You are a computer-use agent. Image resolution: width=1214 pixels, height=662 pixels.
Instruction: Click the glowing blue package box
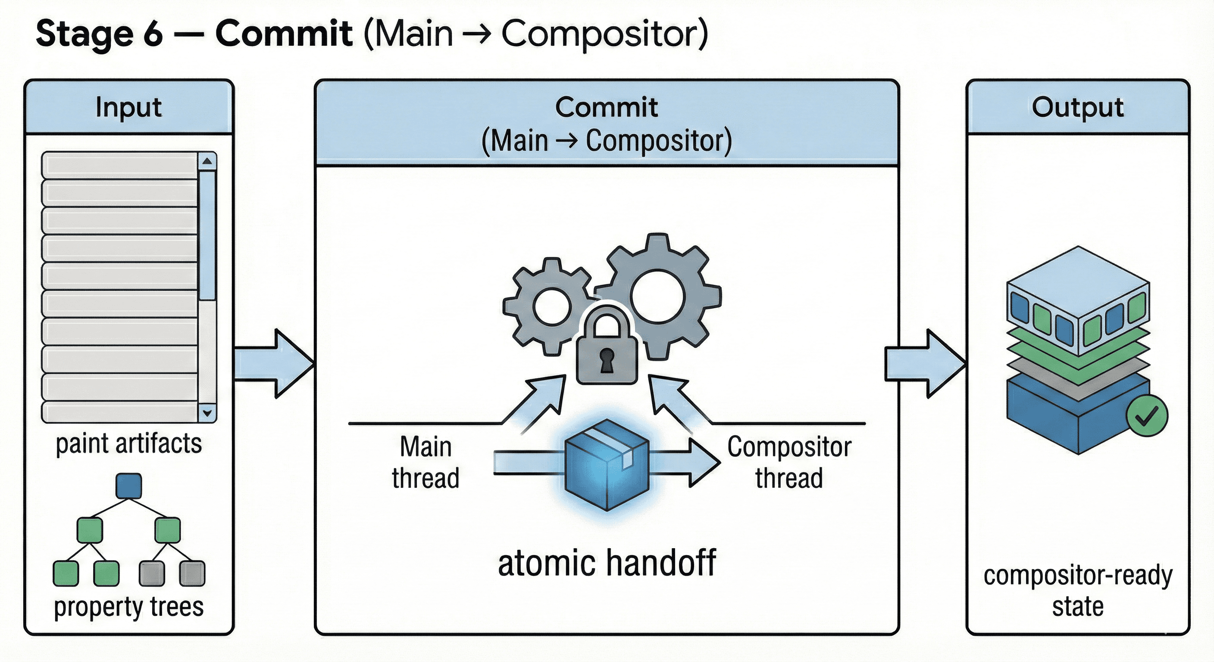607,464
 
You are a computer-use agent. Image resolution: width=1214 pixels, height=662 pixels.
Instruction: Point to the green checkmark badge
1147,415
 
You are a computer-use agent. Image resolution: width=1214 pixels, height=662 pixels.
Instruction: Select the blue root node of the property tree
128,486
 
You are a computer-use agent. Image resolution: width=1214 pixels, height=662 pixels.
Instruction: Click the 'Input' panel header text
128,107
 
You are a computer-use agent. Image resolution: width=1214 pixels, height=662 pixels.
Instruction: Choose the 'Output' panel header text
1078,107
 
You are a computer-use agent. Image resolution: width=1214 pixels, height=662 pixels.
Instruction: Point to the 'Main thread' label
426,462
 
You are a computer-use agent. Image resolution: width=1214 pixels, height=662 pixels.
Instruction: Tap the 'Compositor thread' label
789,462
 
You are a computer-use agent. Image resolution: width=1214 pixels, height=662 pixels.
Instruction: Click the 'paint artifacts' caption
128,443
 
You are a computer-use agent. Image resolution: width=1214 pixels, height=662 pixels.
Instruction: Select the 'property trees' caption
128,606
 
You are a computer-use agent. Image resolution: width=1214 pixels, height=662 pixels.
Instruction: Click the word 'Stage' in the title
85,34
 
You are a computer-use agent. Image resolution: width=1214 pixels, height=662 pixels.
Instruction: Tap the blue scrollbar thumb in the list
207,236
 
